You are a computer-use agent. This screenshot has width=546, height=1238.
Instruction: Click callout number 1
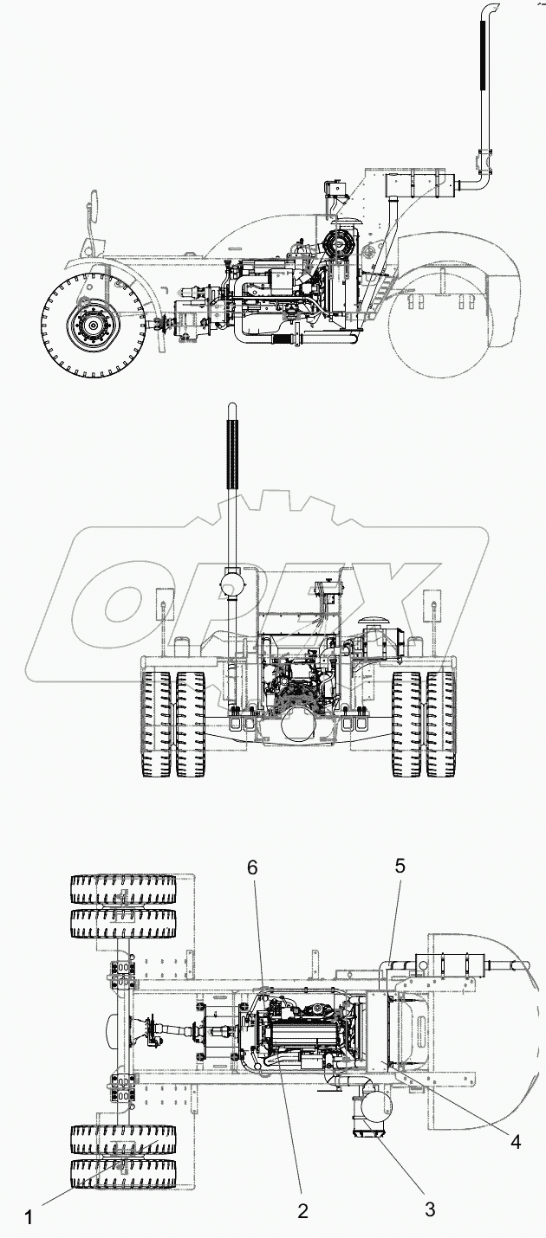(x=29, y=1216)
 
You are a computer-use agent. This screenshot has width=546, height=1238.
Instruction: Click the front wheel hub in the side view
(x=89, y=327)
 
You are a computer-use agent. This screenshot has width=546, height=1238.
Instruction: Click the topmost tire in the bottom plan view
(x=122, y=889)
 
